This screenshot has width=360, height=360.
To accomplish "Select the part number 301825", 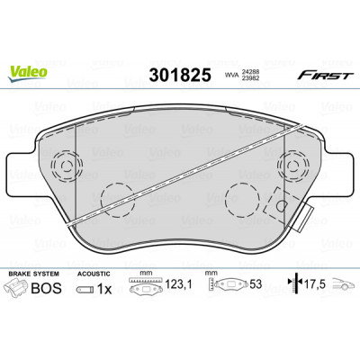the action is click(x=180, y=75).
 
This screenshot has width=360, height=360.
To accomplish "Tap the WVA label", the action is click(x=230, y=76).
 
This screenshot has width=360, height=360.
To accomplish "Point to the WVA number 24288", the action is click(x=248, y=72).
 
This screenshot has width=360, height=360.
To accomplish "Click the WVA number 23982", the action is click(x=248, y=78).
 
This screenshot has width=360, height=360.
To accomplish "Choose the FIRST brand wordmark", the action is click(x=325, y=76).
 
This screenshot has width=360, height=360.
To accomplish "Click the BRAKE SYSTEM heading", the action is click(x=33, y=274).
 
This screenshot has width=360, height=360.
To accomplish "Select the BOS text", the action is click(x=47, y=288).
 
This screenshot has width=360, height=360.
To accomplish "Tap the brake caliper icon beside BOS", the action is click(x=17, y=287).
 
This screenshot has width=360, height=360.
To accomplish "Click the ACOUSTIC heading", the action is click(x=94, y=274).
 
